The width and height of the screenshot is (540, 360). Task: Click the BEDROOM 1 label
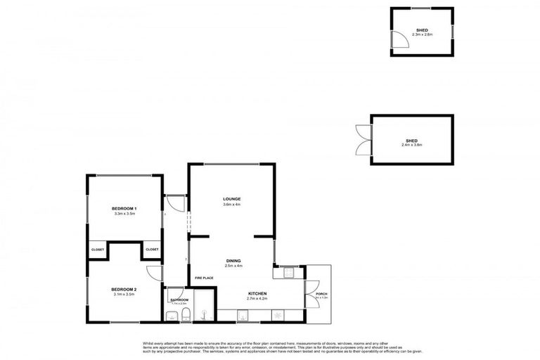point(124,209)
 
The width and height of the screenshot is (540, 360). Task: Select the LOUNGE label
point(232,199)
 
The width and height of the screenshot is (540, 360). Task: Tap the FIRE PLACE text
point(204,278)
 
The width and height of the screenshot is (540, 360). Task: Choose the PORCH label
point(321,294)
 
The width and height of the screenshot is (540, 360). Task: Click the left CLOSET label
point(97,250)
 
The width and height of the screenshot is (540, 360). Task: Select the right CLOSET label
point(152,250)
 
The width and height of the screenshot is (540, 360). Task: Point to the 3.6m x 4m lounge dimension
point(232,205)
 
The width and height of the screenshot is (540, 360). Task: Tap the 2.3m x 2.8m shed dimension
point(423,35)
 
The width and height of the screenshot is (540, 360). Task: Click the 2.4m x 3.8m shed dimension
point(411,145)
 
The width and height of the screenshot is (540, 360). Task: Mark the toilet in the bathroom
point(184,314)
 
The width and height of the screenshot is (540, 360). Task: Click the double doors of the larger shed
point(363,140)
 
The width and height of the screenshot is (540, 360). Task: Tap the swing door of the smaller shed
point(399,41)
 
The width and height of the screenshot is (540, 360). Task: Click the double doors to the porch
point(310,293)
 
